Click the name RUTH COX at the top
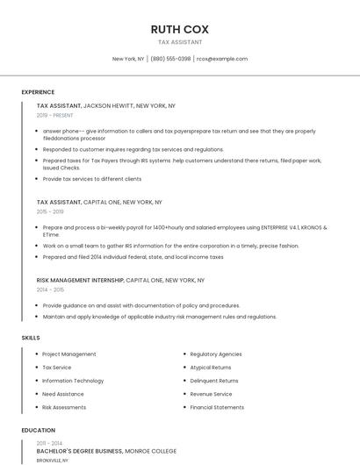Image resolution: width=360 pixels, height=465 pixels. click(179, 29)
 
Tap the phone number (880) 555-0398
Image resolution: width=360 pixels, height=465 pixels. click(170, 59)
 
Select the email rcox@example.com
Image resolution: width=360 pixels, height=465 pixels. click(222, 59)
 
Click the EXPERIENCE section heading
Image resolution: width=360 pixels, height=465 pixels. click(38, 92)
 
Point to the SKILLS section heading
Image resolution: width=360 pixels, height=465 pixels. click(31, 338)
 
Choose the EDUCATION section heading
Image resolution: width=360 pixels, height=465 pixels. click(38, 431)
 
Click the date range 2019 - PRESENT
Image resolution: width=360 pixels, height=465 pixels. click(55, 115)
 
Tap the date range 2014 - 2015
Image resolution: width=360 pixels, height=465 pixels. click(50, 290)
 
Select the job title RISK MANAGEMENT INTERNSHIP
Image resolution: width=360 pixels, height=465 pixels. click(80, 280)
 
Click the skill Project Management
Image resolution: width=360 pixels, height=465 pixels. click(69, 354)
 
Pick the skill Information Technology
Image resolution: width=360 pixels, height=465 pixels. click(73, 381)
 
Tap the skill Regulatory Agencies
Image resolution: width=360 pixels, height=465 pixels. click(216, 354)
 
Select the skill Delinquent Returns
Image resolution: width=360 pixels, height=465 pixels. click(214, 381)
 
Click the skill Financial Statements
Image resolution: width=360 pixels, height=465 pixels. click(217, 407)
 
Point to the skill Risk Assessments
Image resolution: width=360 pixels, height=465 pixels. click(64, 407)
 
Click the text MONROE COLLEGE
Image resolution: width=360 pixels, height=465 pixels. click(151, 451)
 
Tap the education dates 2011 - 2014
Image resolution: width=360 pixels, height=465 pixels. click(49, 443)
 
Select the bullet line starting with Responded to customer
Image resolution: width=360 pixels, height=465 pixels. click(133, 149)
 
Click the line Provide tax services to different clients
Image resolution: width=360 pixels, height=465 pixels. click(92, 178)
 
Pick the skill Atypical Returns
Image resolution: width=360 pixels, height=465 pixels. click(211, 368)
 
